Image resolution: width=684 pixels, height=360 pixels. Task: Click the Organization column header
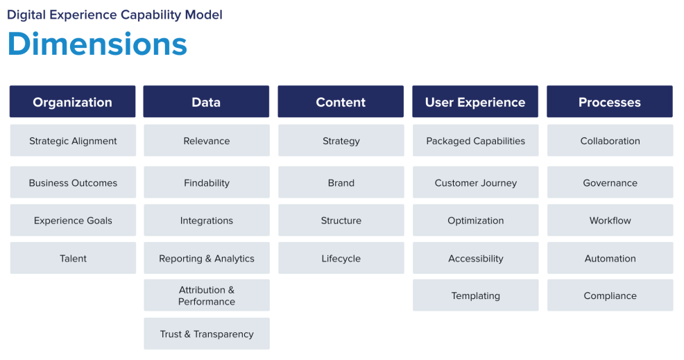click(72, 102)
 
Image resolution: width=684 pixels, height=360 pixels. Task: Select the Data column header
click(206, 102)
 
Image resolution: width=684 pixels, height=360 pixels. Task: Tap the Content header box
click(341, 102)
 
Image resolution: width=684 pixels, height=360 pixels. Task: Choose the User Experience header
click(475, 102)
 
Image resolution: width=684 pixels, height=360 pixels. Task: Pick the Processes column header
click(610, 102)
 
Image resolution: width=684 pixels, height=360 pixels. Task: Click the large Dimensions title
click(97, 44)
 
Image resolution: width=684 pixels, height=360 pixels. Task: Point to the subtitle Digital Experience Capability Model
click(114, 15)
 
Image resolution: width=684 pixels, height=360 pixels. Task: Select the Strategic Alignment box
click(73, 141)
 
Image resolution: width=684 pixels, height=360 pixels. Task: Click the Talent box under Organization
click(73, 258)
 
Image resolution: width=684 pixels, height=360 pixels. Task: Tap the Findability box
click(207, 183)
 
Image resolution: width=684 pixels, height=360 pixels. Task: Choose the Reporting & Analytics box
click(207, 258)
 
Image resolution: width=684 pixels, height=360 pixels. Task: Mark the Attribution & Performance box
click(207, 295)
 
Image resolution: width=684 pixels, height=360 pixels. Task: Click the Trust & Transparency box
click(207, 334)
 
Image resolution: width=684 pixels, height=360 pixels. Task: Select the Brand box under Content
click(341, 183)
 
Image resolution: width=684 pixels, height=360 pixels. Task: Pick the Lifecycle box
click(341, 258)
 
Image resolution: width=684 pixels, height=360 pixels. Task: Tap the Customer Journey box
click(475, 183)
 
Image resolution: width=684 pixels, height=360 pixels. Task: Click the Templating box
click(475, 295)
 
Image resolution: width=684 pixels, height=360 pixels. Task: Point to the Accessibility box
click(475, 258)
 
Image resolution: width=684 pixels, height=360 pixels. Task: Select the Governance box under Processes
click(610, 183)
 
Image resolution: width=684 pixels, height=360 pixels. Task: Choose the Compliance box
click(610, 295)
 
